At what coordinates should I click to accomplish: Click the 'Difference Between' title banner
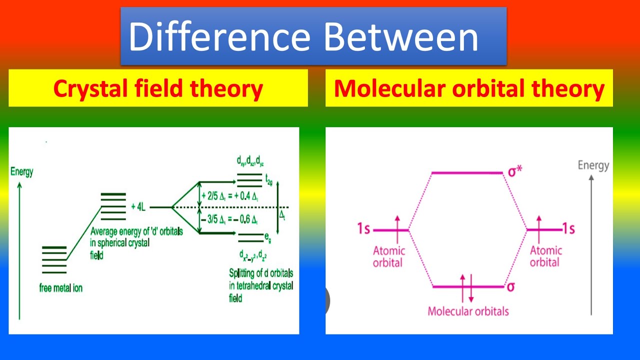pos(313,36)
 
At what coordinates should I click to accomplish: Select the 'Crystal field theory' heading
pos(158,88)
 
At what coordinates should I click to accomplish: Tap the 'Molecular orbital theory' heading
pos(469,88)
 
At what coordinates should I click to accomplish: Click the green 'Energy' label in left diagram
pos(21,172)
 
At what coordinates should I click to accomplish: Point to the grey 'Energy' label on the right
pos(593,165)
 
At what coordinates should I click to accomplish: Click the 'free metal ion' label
pos(60,288)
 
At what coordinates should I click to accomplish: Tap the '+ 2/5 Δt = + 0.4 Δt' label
pos(229,196)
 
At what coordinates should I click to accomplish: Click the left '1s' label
pos(364,229)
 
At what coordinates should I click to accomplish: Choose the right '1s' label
pos(568,229)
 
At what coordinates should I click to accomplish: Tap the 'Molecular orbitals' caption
pos(468,311)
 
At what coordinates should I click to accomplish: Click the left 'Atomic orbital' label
pos(388,256)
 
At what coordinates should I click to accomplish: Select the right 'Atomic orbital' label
pos(545,256)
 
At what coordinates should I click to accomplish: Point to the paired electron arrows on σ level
pos(466,287)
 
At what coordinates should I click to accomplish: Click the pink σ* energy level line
pos(466,173)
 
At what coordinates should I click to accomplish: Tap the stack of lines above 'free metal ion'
pos(54,260)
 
